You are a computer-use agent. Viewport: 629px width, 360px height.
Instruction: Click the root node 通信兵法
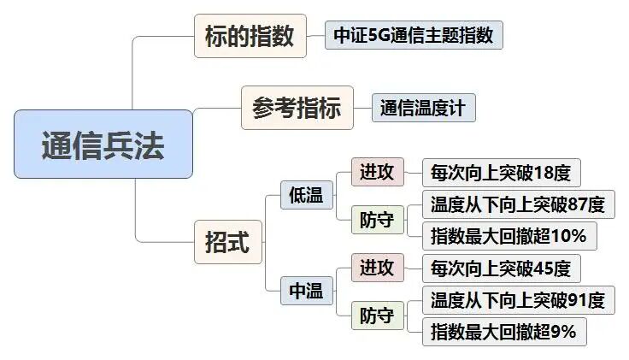103,145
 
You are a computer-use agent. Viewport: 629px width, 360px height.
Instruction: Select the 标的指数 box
250,37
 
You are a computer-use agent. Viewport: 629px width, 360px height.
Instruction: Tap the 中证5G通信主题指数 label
414,37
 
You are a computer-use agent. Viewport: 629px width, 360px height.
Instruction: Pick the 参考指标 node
297,109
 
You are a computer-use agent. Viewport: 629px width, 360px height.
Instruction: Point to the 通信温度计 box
423,109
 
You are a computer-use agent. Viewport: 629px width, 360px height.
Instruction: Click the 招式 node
227,242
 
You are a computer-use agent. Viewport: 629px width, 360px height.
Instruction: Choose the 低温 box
306,195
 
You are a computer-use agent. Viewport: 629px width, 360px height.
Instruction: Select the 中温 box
306,292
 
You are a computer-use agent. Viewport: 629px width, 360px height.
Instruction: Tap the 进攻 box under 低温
377,173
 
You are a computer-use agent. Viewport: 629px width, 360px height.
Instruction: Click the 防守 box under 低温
377,220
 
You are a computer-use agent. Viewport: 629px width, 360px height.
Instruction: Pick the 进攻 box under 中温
377,269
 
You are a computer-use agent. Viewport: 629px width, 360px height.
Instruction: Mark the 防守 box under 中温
377,316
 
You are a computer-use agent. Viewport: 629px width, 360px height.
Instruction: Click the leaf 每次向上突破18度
501,173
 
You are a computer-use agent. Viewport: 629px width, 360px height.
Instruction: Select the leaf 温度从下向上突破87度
518,205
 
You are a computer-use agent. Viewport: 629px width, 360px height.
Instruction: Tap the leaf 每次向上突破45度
501,269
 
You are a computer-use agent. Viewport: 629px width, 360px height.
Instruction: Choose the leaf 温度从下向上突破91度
518,300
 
